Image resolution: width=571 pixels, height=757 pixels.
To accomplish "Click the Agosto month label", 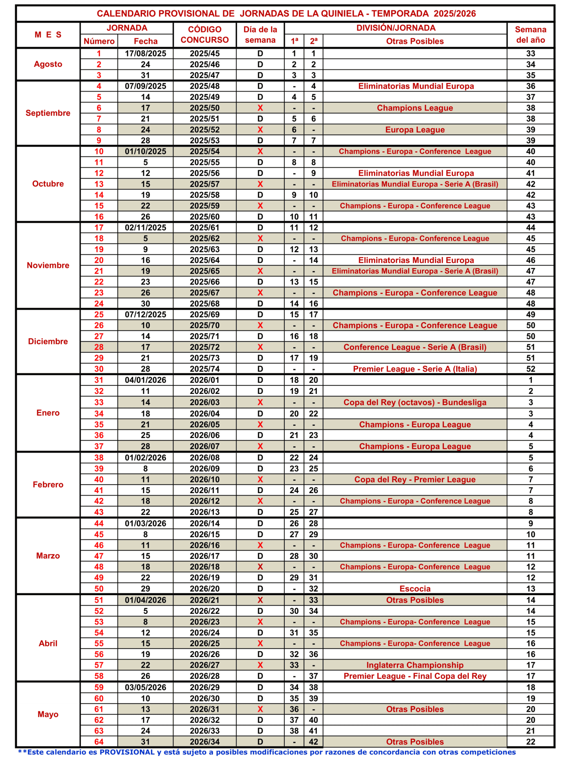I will [x=48, y=64].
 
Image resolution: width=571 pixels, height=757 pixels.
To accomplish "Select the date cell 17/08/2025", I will [x=145, y=53].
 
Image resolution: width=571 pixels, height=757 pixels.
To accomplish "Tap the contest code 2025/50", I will [x=204, y=108].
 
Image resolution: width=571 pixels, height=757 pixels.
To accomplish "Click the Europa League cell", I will [x=415, y=130].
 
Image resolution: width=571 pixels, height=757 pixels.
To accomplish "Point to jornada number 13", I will [x=99, y=184].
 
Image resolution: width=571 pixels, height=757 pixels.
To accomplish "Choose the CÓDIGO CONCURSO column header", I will [x=204, y=35].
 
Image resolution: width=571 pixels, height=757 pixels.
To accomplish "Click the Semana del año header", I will [x=530, y=35].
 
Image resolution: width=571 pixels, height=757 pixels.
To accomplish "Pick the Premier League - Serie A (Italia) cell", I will [x=415, y=369].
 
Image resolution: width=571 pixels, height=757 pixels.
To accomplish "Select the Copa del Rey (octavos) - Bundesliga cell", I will [x=415, y=403].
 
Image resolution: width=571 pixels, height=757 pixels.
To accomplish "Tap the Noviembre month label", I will [x=48, y=266].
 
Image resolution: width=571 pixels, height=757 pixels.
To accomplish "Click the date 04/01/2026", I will [x=145, y=380].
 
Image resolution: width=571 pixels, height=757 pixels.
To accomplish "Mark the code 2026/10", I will [x=204, y=480].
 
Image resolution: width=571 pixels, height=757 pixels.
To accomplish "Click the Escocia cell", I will [x=415, y=589].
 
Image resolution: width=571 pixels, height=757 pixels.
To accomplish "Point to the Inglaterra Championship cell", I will [x=415, y=665].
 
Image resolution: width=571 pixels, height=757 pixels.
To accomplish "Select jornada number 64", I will [x=99, y=742].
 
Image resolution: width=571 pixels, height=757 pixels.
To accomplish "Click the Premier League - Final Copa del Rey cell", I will [x=415, y=676].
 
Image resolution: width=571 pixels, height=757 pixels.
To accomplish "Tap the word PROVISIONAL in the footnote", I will [x=127, y=752].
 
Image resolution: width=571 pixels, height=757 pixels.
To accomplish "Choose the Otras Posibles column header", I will [x=415, y=41].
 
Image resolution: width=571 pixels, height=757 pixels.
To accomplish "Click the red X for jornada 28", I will [x=260, y=348].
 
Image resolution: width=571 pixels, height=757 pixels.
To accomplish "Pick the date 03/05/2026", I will [x=145, y=688].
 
